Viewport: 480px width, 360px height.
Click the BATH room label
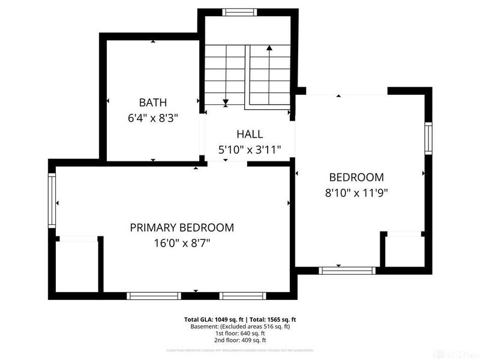[153, 102]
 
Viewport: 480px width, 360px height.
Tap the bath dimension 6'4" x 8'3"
[153, 118]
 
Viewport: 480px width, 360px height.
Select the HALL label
[249, 134]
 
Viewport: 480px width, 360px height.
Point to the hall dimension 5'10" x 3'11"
[249, 150]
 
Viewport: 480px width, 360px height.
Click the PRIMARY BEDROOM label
[182, 227]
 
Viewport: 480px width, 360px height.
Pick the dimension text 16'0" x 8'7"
[182, 243]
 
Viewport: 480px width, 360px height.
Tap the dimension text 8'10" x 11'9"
[356, 193]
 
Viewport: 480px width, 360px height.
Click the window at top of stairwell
[238, 12]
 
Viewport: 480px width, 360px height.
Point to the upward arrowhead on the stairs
[269, 48]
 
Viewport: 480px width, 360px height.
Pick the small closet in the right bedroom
[403, 250]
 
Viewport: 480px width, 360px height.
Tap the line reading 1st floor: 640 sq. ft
[240, 334]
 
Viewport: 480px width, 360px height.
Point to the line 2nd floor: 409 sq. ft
[240, 340]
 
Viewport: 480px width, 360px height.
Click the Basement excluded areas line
[240, 326]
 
